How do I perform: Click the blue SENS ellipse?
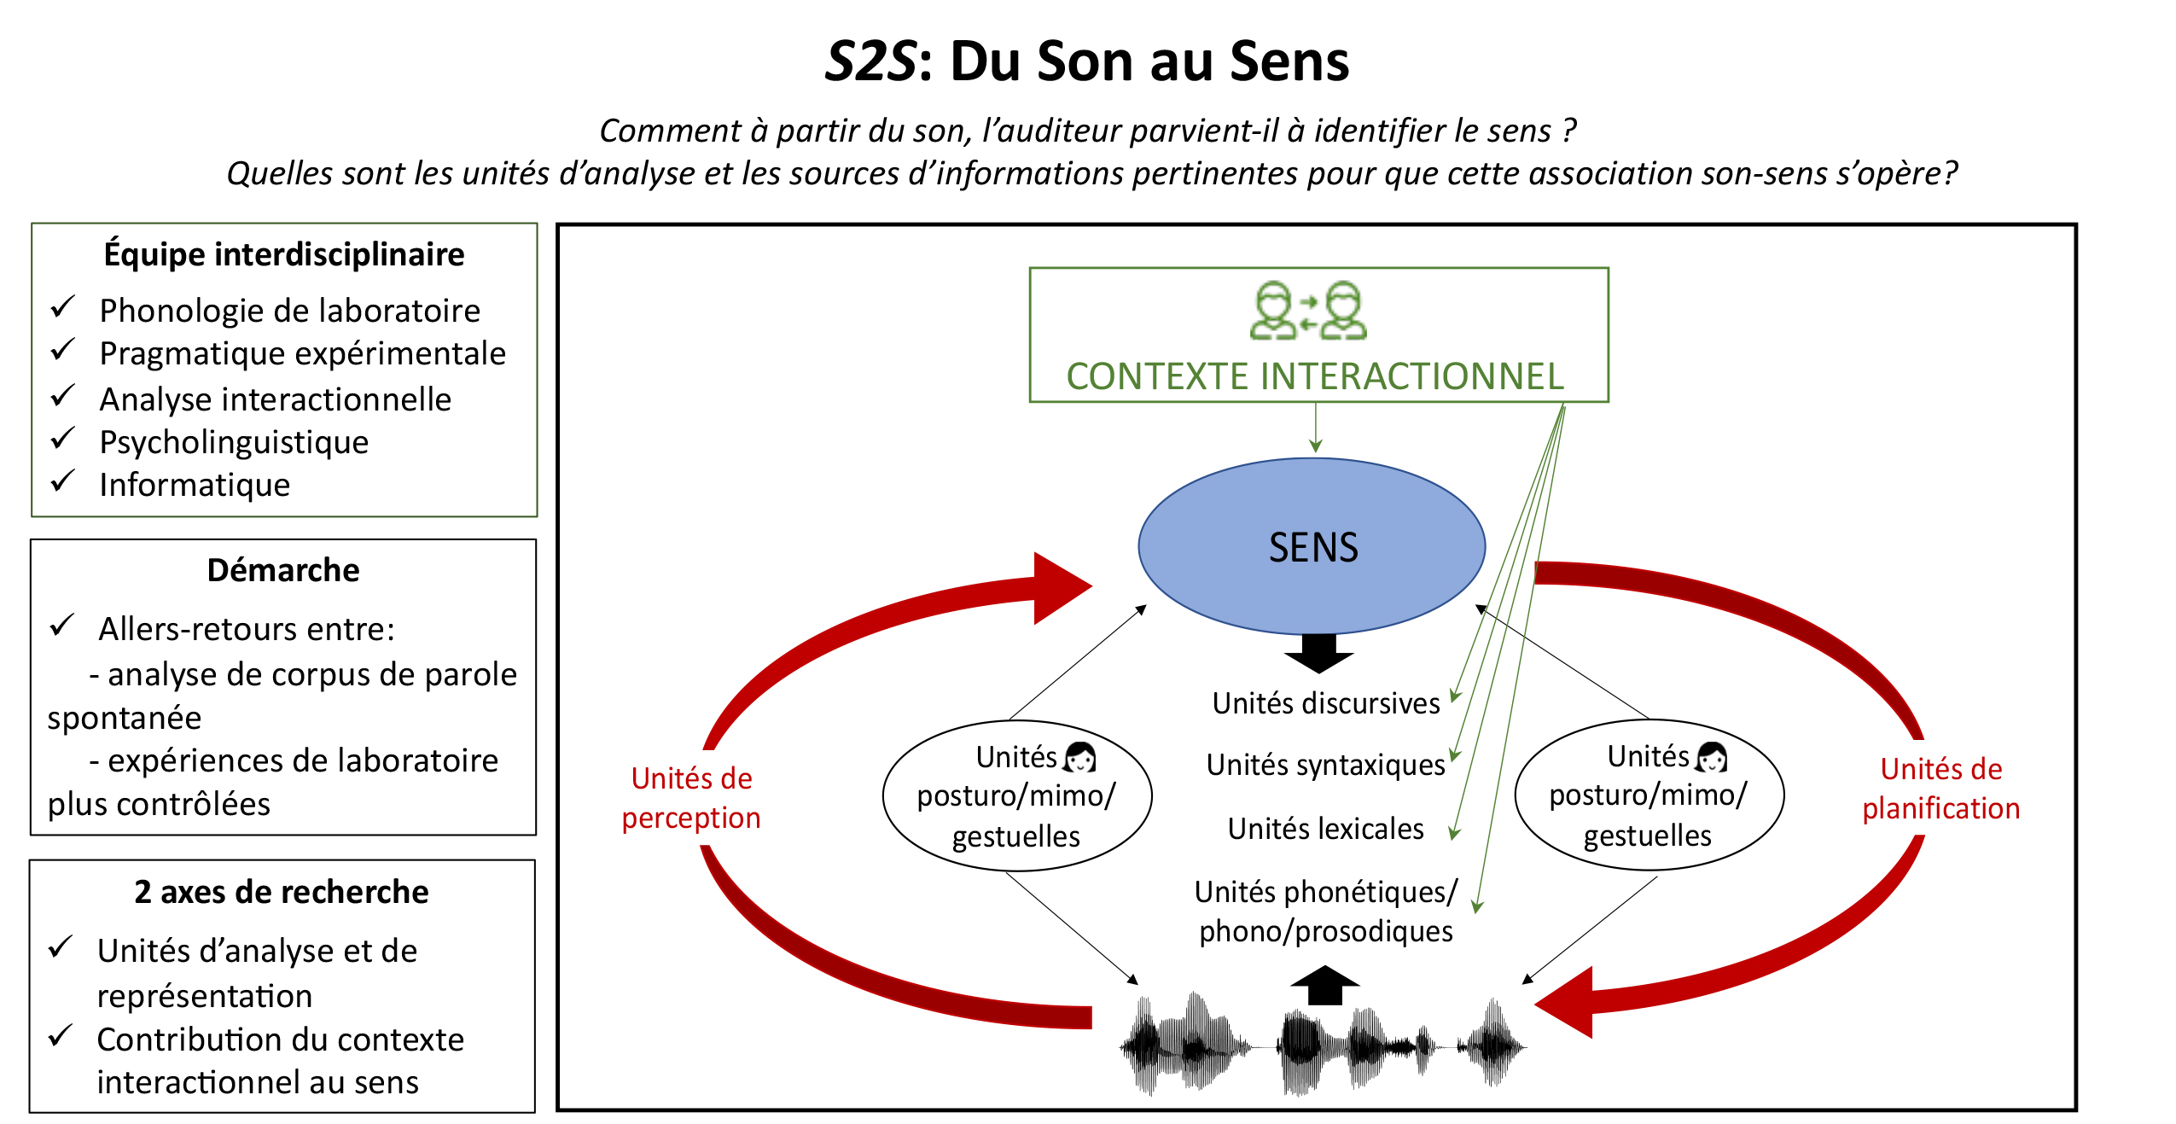[1312, 546]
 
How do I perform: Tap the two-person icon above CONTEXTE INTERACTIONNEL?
[1307, 312]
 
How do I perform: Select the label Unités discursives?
[1325, 703]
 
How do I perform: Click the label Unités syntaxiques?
[1325, 765]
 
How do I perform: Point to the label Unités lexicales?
[1325, 829]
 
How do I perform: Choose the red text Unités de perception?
[691, 798]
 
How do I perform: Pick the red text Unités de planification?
[1940, 789]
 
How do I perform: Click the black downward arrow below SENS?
[1318, 654]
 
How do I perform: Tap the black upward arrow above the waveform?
[1324, 985]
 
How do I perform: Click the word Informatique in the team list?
[195, 485]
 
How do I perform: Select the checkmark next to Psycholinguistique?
[63, 439]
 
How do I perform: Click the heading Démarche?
[283, 570]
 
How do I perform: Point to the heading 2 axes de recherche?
[282, 892]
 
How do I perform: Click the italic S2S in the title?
[870, 61]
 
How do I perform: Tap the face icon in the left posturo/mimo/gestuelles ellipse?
[1080, 757]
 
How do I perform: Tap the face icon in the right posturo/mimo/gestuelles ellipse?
[1712, 757]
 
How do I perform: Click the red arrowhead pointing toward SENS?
[1058, 588]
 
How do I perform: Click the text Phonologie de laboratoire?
[289, 311]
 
